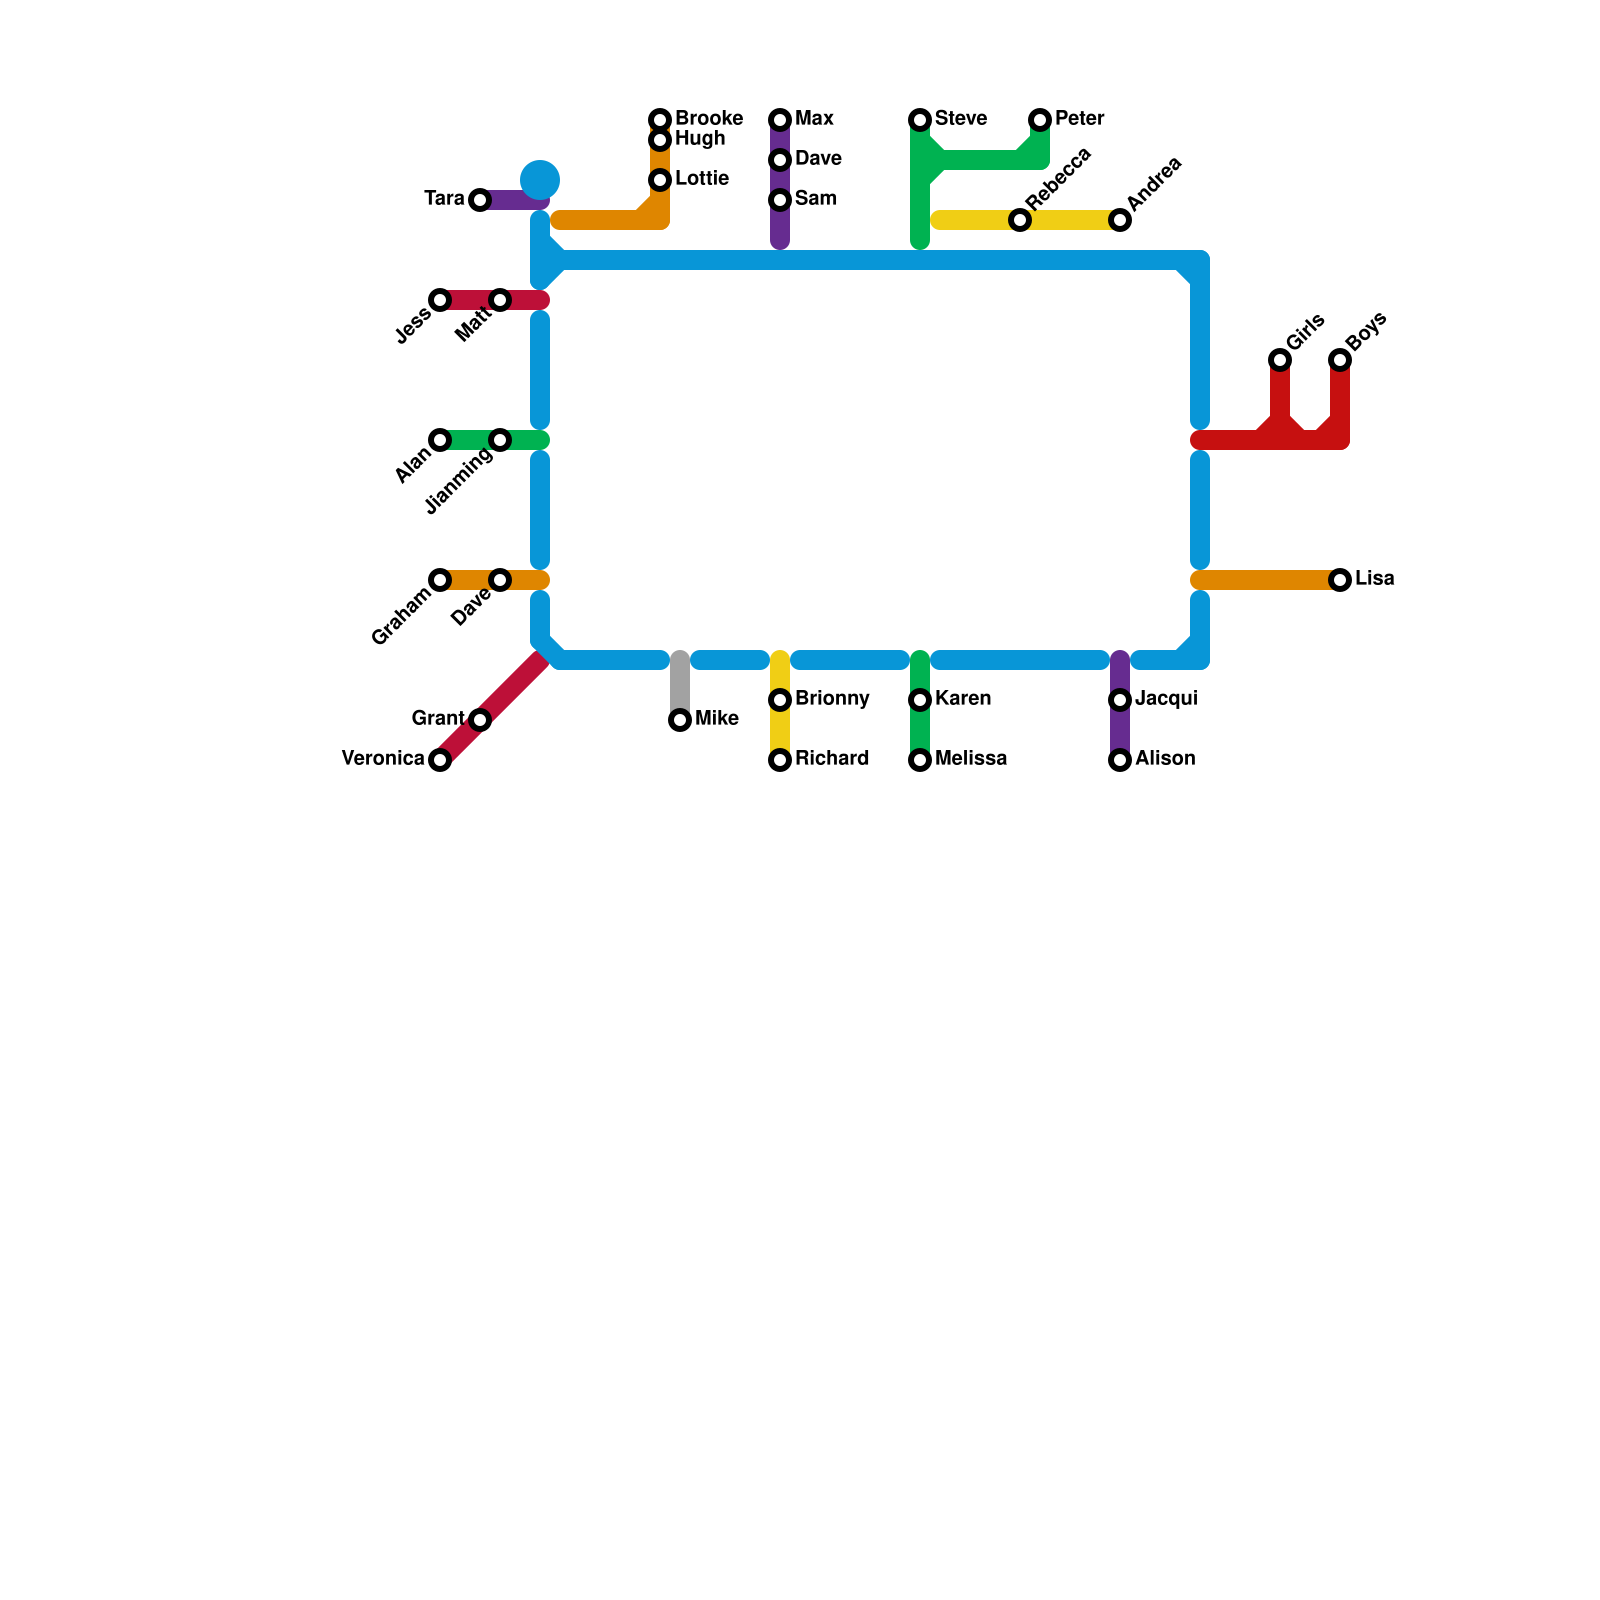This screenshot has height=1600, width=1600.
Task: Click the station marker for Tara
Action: tap(480, 200)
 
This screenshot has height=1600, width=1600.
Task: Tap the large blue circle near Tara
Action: tap(540, 180)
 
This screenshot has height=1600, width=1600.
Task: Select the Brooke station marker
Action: tap(660, 120)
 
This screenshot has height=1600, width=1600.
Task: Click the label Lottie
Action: tap(701, 179)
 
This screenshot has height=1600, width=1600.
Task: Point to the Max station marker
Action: tap(780, 120)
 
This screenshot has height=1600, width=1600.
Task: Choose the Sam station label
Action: tap(815, 199)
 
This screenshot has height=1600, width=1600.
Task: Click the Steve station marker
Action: tap(920, 120)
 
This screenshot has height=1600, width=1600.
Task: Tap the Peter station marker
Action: tap(1040, 120)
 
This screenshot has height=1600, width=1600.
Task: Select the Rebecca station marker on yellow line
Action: tap(1020, 220)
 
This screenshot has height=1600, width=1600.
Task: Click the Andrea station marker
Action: tap(1120, 220)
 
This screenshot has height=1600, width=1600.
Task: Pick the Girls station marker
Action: tap(1280, 360)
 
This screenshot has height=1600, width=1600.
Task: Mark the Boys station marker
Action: tap(1340, 360)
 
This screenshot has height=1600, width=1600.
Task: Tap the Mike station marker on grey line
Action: tap(680, 720)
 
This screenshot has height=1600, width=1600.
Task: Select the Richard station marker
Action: tap(780, 760)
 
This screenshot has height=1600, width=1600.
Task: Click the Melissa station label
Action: tap(970, 759)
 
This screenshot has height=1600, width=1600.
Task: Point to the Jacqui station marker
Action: tap(1120, 700)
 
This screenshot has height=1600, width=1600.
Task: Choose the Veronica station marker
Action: tap(440, 760)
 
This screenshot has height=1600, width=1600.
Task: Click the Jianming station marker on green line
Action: tap(500, 440)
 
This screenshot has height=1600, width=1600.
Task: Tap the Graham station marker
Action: tap(440, 580)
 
